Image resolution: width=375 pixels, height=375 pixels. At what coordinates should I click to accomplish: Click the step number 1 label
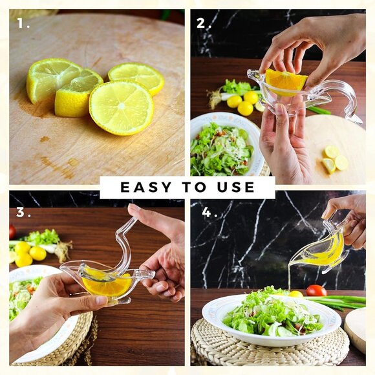[x=23, y=23]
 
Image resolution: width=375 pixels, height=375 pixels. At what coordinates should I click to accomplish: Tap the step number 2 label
[x=204, y=23]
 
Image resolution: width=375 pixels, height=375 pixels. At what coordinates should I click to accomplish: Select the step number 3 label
[x=23, y=212]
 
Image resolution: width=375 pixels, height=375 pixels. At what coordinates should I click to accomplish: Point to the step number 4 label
[x=209, y=212]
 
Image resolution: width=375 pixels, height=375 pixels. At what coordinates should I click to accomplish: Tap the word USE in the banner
[x=236, y=187]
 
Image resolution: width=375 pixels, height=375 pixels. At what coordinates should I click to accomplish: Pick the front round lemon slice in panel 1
[x=122, y=107]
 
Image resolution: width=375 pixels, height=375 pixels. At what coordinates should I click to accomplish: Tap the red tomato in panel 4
[x=316, y=290]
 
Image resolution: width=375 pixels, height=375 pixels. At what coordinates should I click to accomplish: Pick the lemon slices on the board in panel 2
[x=335, y=160]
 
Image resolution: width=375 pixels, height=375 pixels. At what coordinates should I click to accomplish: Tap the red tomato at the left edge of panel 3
[x=12, y=231]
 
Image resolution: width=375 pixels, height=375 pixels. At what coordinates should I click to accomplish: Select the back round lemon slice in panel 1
[x=136, y=78]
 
